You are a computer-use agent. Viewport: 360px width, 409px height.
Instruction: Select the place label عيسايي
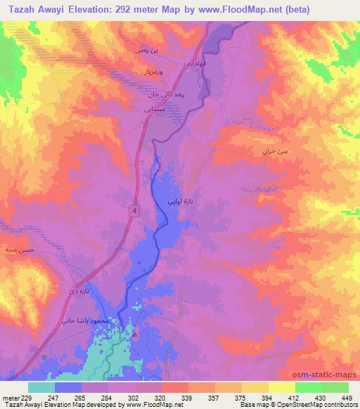[x=155, y=109]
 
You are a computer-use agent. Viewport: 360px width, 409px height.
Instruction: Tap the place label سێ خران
[x=274, y=151]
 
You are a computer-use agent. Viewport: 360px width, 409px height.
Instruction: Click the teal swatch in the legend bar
[x=41, y=387]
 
